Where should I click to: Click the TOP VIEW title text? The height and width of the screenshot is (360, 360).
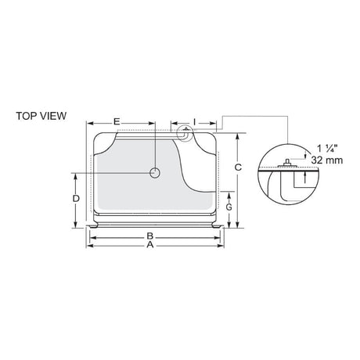[x=41, y=116]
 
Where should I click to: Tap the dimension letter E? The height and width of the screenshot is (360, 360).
[x=117, y=121]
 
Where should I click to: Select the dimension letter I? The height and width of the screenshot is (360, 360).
[x=194, y=121]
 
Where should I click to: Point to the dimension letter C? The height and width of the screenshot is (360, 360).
[x=238, y=167]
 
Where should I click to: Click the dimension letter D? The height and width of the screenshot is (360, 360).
[x=76, y=199]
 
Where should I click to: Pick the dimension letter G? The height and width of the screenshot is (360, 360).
[x=229, y=207]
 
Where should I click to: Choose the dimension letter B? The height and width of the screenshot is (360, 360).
[x=149, y=236]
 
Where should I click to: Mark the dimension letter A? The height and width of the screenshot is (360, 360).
[x=149, y=245]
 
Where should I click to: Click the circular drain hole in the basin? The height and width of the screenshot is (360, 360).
[x=155, y=173]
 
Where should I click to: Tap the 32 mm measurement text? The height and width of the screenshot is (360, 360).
[x=327, y=160]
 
